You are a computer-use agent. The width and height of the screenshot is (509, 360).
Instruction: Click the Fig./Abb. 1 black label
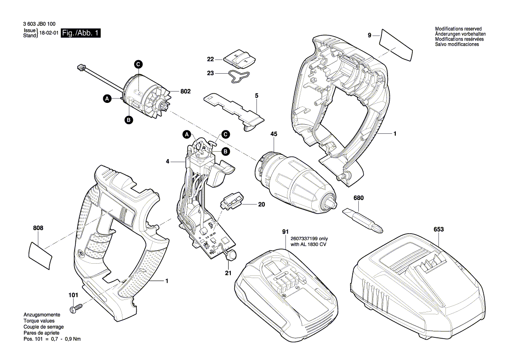tap(81, 34)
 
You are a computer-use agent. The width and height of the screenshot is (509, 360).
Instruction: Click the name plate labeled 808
tap(40, 253)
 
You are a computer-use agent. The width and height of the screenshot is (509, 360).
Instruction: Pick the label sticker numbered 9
tap(396, 44)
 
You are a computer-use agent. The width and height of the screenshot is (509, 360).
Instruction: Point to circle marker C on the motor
tap(138, 65)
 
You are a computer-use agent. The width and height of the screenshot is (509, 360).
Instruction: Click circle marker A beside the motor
tap(107, 99)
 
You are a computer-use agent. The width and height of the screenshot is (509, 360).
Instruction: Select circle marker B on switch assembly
tap(226, 151)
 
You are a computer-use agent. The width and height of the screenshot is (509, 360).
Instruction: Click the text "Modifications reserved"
tap(458, 29)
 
